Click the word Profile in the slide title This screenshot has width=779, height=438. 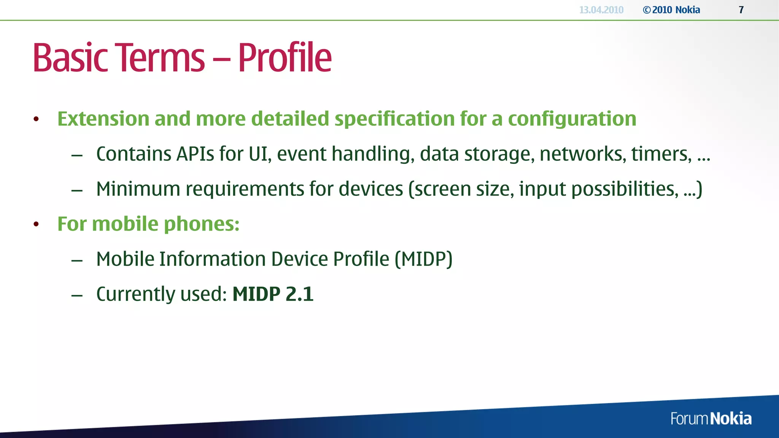click(285, 58)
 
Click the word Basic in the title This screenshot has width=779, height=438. click(70, 58)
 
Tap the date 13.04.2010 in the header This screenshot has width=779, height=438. click(601, 10)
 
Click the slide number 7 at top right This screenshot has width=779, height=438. click(741, 10)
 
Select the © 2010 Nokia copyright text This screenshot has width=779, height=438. click(671, 10)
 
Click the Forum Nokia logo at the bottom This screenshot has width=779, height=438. click(711, 419)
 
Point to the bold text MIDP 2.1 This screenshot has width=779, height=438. click(273, 294)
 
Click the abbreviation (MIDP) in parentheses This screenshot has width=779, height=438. click(423, 259)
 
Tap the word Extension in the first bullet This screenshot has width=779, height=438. click(103, 119)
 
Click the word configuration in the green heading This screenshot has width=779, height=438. click(572, 119)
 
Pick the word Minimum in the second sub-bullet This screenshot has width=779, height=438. click(138, 189)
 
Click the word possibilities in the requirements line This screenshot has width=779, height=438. click(624, 189)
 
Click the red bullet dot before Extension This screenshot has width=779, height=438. click(36, 119)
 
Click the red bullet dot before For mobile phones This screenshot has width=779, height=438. click(36, 224)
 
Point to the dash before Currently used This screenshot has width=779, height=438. click(77, 295)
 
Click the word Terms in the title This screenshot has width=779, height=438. click(160, 58)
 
